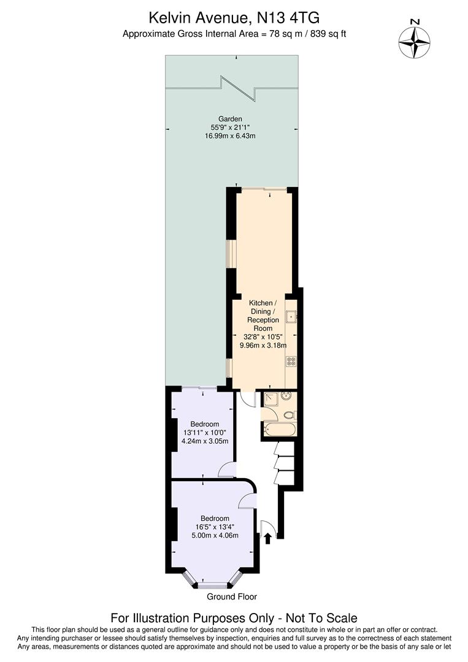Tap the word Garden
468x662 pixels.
(x=230, y=118)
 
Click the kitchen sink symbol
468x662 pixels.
(x=291, y=317)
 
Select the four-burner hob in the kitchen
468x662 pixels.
(x=291, y=362)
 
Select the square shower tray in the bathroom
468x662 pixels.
(x=270, y=400)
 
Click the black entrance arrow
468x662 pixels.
(x=267, y=538)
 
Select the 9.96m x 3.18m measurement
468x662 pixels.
(x=263, y=345)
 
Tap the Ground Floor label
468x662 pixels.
(x=231, y=596)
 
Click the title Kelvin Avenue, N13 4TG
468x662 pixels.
(x=234, y=20)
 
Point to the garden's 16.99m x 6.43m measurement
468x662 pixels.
(x=230, y=135)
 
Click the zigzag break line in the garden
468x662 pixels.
(x=238, y=88)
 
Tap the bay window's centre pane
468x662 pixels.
(x=213, y=585)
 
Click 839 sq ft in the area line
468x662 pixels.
(x=324, y=34)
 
